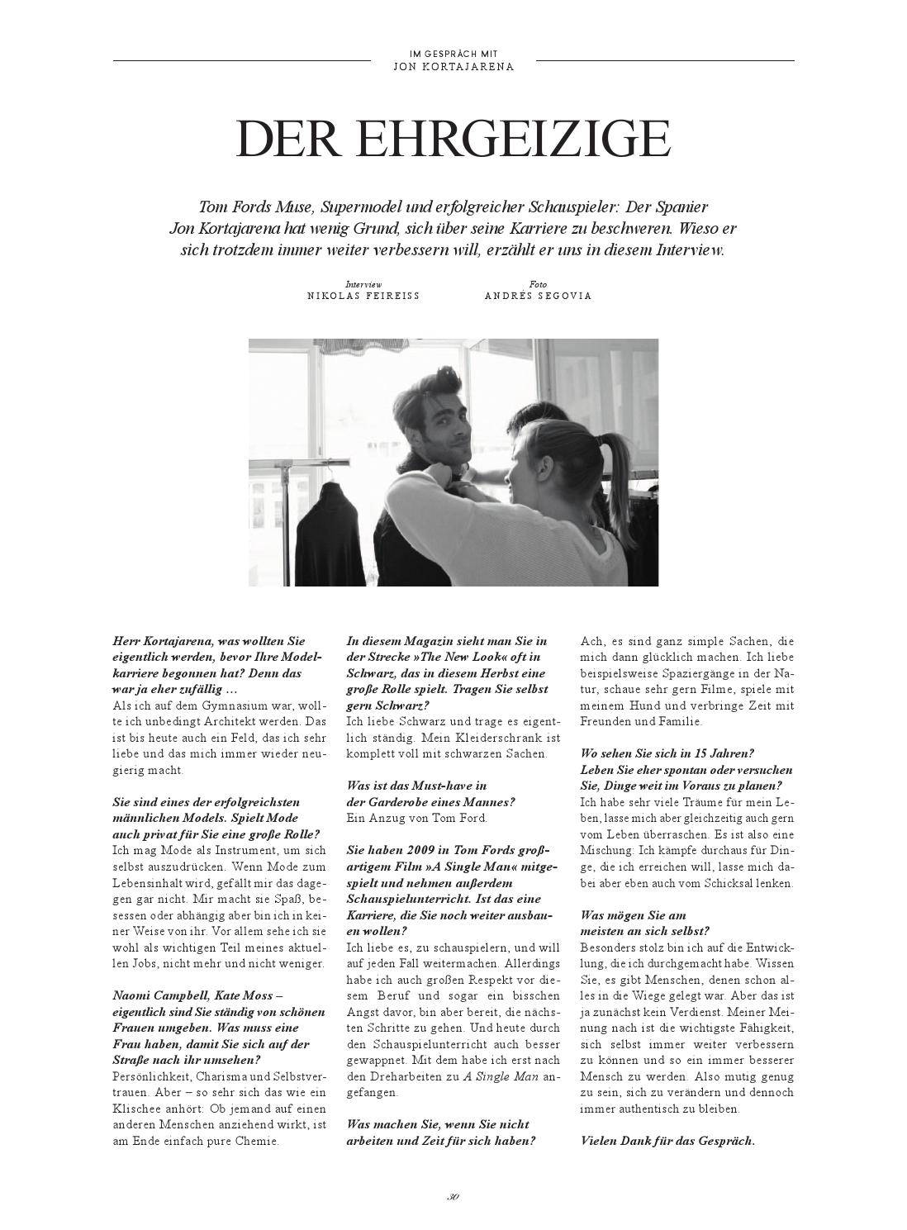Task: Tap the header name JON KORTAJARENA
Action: pos(453,67)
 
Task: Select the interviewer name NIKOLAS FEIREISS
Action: pos(363,296)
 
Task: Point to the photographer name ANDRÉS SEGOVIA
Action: pos(538,296)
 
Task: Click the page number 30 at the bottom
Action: pos(453,1196)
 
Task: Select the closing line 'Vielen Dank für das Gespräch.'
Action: pos(667,1141)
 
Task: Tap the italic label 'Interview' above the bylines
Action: pos(363,284)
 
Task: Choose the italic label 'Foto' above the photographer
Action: pos(538,284)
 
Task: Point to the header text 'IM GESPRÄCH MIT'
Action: pos(453,55)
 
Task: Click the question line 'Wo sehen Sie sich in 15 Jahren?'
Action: pos(667,753)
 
